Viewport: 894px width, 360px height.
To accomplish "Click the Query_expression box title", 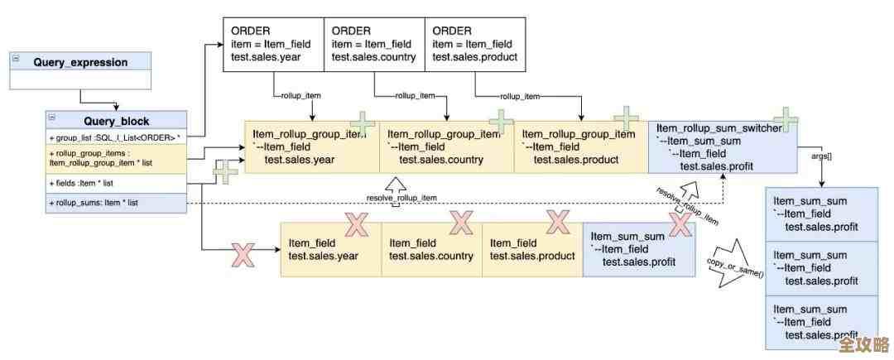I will pyautogui.click(x=80, y=62).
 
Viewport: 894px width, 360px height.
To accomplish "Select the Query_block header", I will pyautogui.click(x=115, y=121).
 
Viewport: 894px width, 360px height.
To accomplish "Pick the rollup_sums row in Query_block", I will pyautogui.click(x=115, y=203).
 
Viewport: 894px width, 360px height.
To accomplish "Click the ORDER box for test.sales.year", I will pyautogui.click(x=272, y=44).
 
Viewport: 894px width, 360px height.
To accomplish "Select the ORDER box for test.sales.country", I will pyautogui.click(x=373, y=44).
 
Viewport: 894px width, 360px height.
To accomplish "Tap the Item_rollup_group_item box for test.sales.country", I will pyautogui.click(x=446, y=146).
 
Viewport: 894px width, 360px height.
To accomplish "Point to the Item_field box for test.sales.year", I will pyautogui.click(x=330, y=249).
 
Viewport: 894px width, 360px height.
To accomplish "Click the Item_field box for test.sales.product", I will pyautogui.click(x=532, y=249).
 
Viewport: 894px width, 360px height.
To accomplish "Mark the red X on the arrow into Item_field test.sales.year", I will pyautogui.click(x=243, y=254).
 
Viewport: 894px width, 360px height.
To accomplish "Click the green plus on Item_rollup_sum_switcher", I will pyautogui.click(x=785, y=120).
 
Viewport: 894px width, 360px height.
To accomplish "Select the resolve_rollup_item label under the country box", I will pyautogui.click(x=401, y=198).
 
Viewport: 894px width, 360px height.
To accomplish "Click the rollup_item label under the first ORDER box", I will pyautogui.click(x=301, y=96).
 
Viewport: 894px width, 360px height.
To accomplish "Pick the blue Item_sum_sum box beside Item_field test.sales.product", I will pyautogui.click(x=638, y=249).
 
